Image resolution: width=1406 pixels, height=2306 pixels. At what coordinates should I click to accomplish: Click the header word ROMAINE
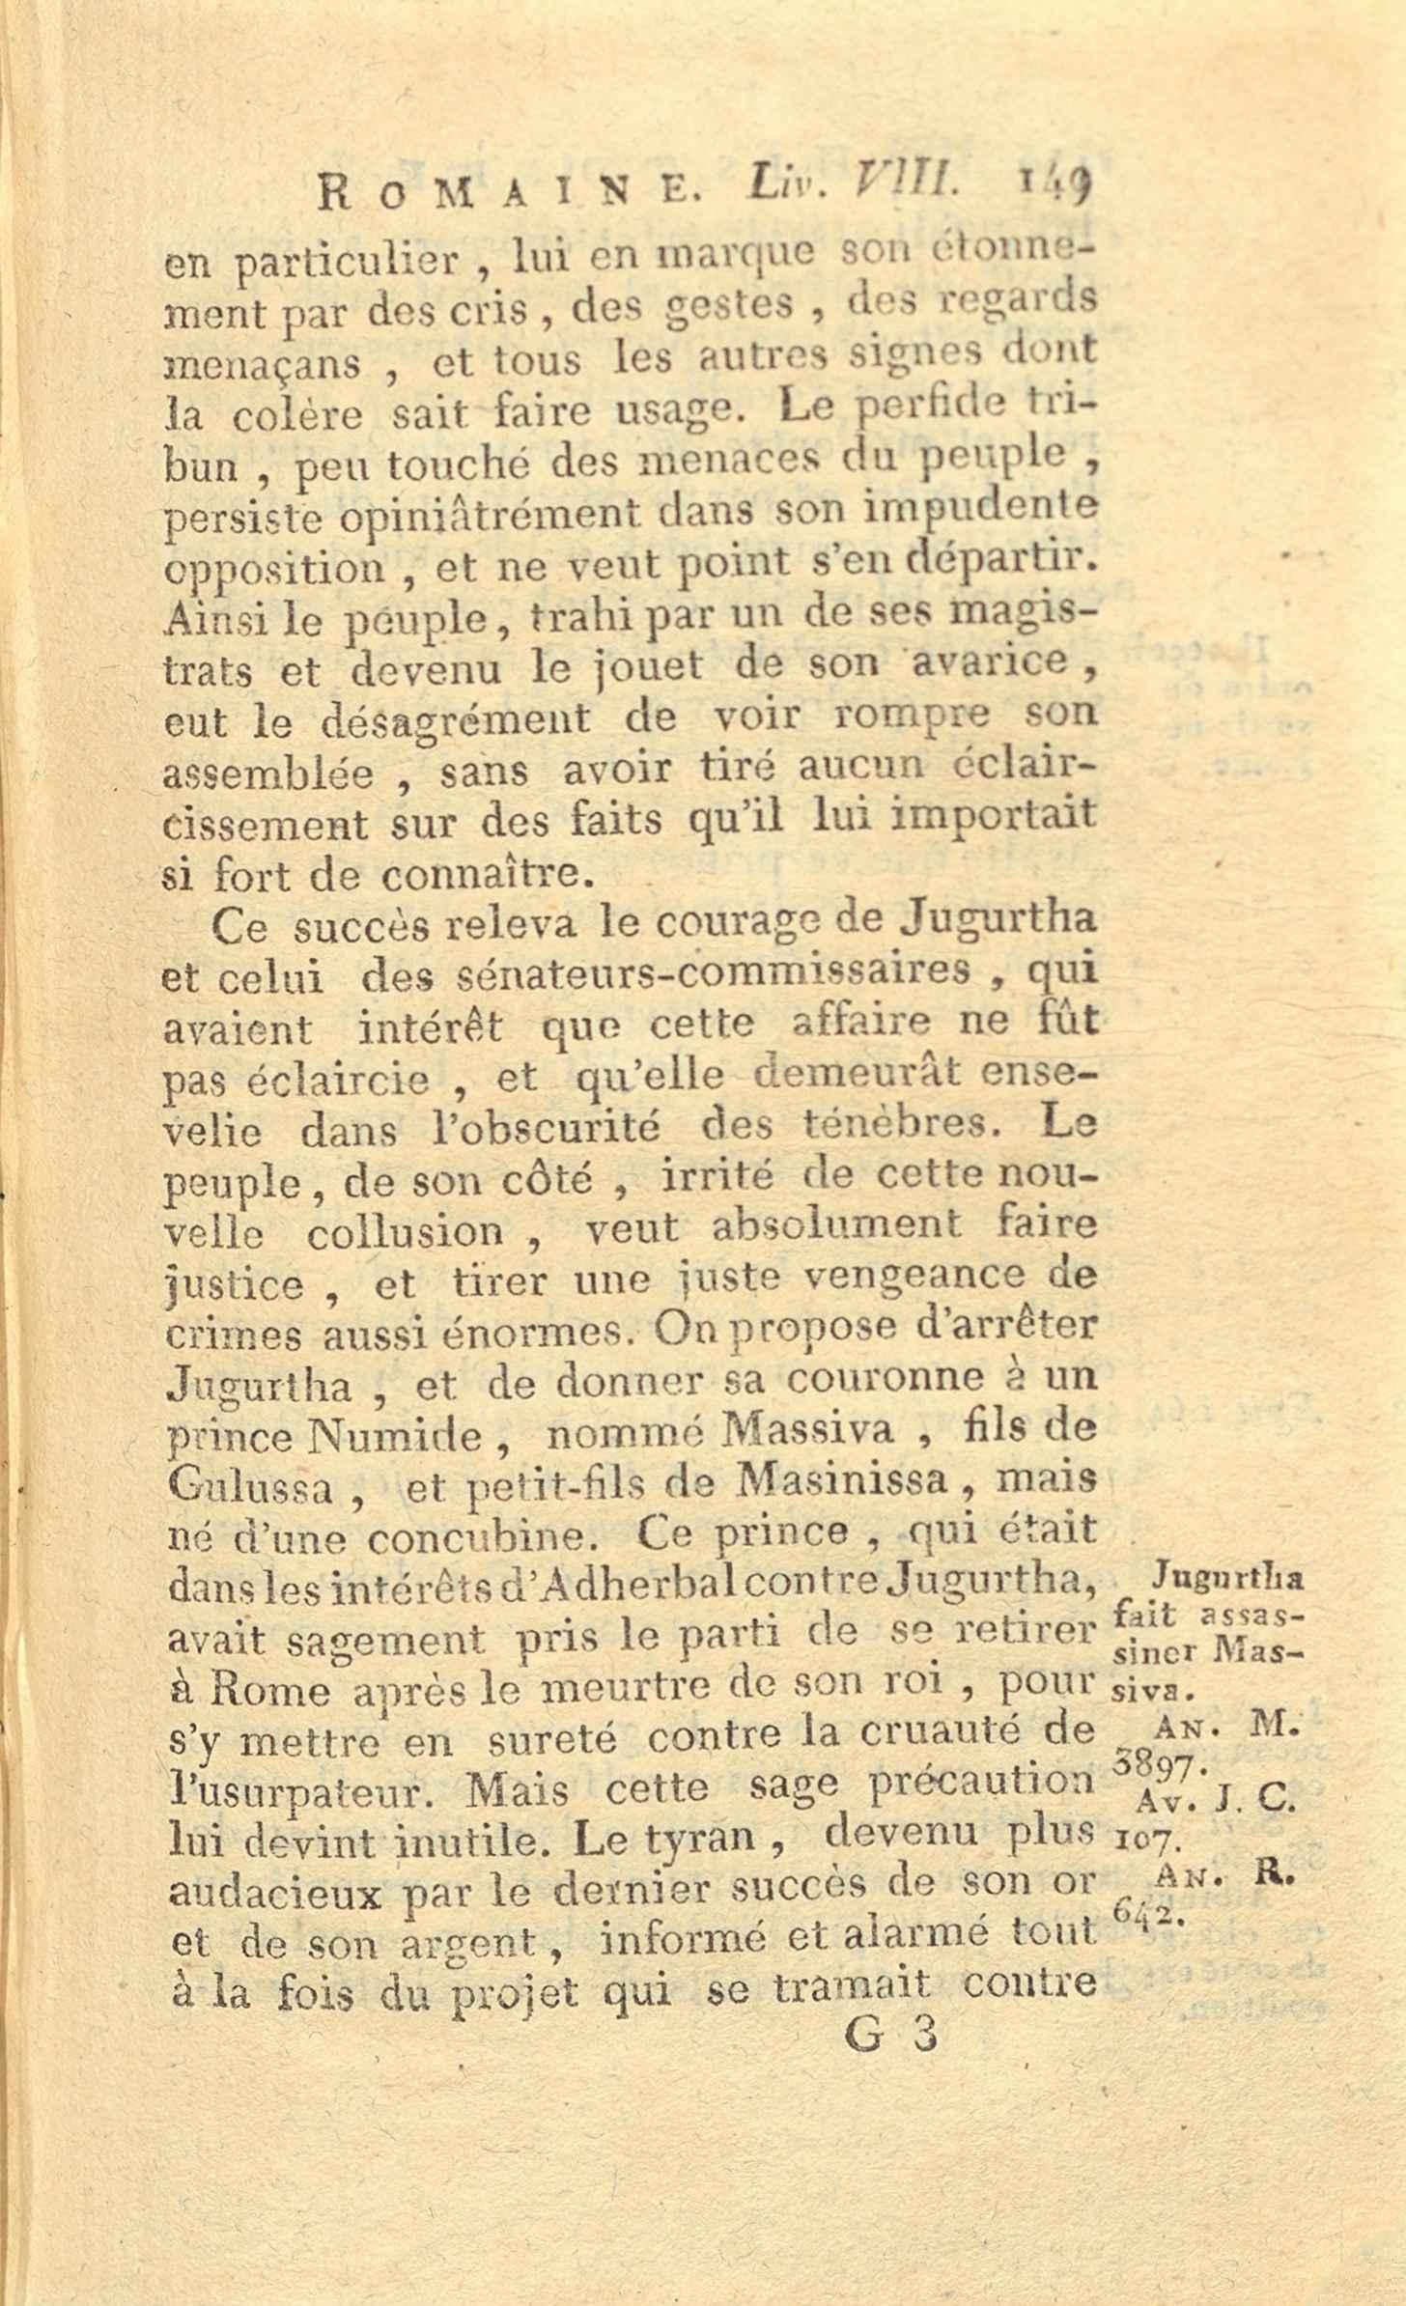click(506, 191)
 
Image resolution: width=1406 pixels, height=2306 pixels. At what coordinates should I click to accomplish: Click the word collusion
click(406, 1232)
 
